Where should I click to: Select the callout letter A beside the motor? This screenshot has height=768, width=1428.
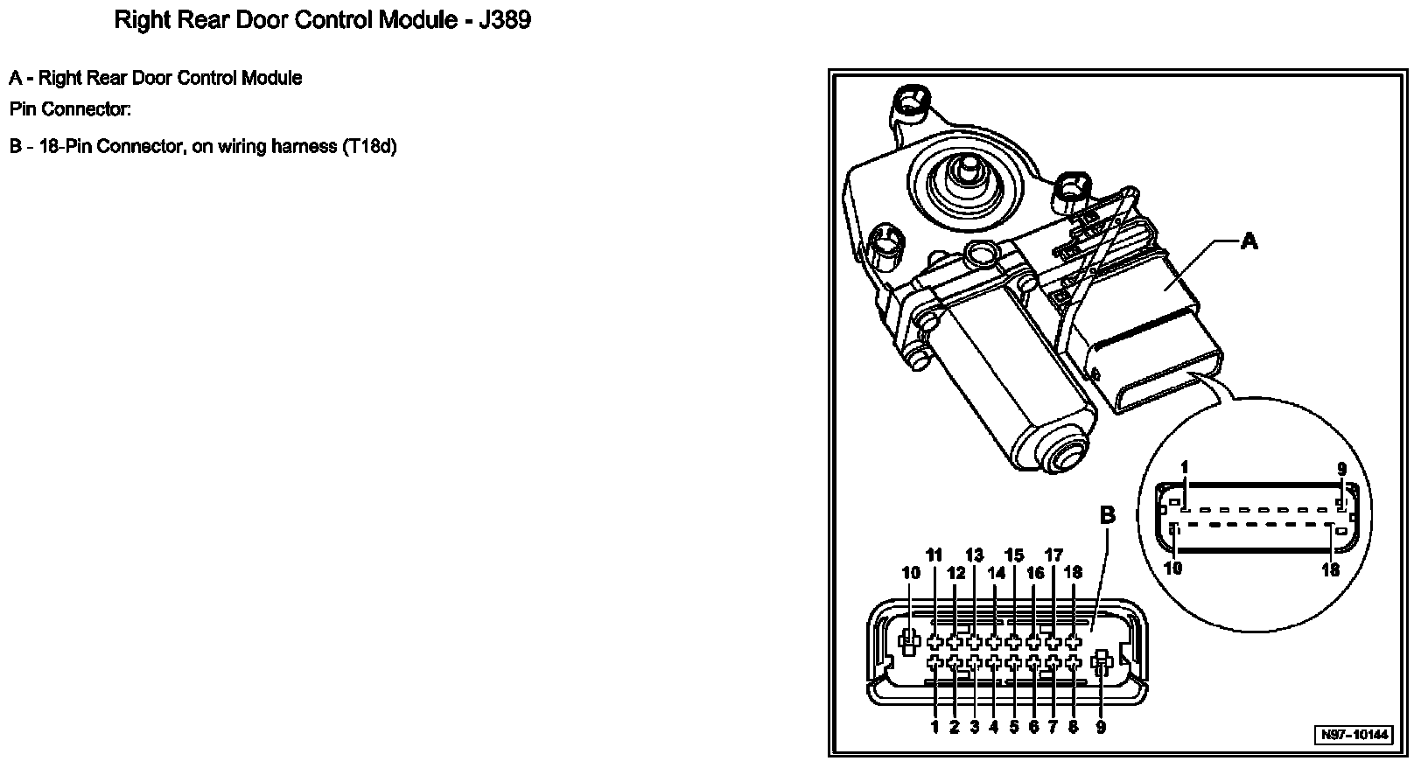coord(1249,241)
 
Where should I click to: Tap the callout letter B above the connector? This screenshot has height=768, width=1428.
coord(1107,515)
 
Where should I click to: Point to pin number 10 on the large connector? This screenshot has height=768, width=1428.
coord(911,573)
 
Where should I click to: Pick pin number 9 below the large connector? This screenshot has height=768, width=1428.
coord(1101,727)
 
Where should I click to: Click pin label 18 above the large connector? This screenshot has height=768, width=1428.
coord(1074,573)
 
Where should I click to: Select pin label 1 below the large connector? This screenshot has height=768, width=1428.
coord(934,727)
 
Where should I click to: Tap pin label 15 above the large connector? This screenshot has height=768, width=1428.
coord(1014,555)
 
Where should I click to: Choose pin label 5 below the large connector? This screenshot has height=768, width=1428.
coord(1014,727)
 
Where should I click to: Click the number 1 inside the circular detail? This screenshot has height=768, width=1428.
coord(1185,468)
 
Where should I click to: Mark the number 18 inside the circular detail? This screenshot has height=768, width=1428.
coord(1331,569)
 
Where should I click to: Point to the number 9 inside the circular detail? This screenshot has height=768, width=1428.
coord(1342,469)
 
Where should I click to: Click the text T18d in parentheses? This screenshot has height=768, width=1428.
coord(367,146)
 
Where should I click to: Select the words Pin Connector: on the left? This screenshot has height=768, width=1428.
coord(70,110)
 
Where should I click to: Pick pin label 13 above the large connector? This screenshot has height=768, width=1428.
coord(974,555)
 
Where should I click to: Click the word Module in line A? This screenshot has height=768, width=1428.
coord(271,78)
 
